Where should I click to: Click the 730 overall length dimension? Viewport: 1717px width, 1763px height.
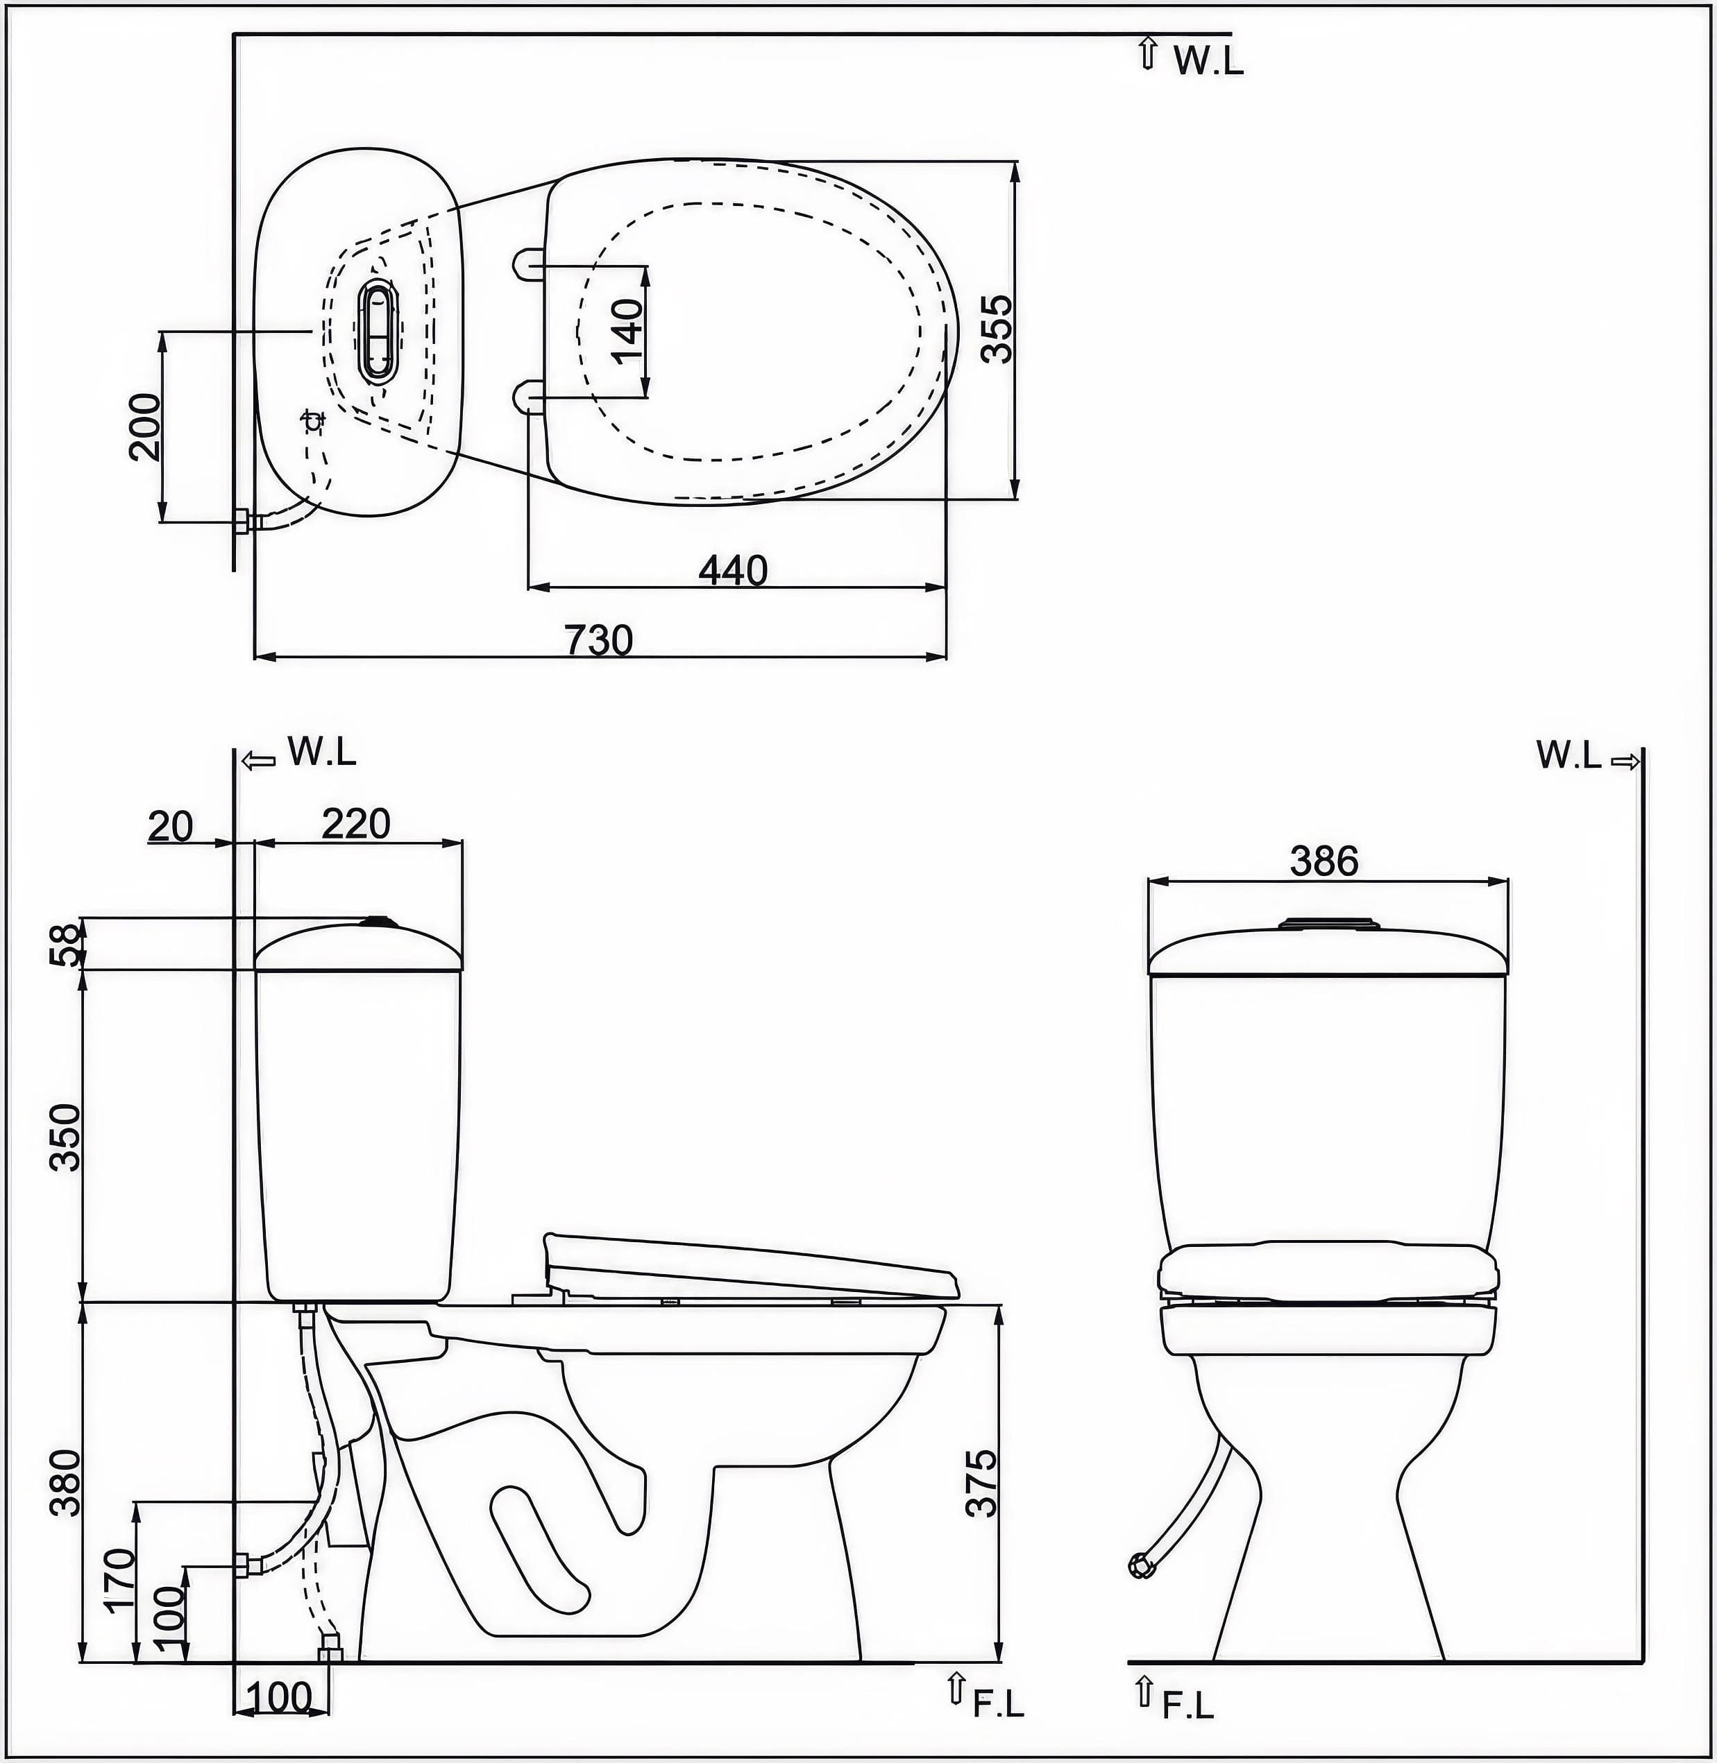(599, 640)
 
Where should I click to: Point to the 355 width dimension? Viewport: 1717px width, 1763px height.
(997, 329)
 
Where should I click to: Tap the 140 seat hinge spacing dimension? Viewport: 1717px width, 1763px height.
(627, 331)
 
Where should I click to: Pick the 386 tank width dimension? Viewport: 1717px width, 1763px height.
(1323, 861)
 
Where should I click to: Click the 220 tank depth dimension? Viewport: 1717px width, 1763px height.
(356, 823)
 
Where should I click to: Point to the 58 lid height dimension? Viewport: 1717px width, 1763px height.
(65, 944)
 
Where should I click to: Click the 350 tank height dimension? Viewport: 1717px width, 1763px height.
(65, 1137)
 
